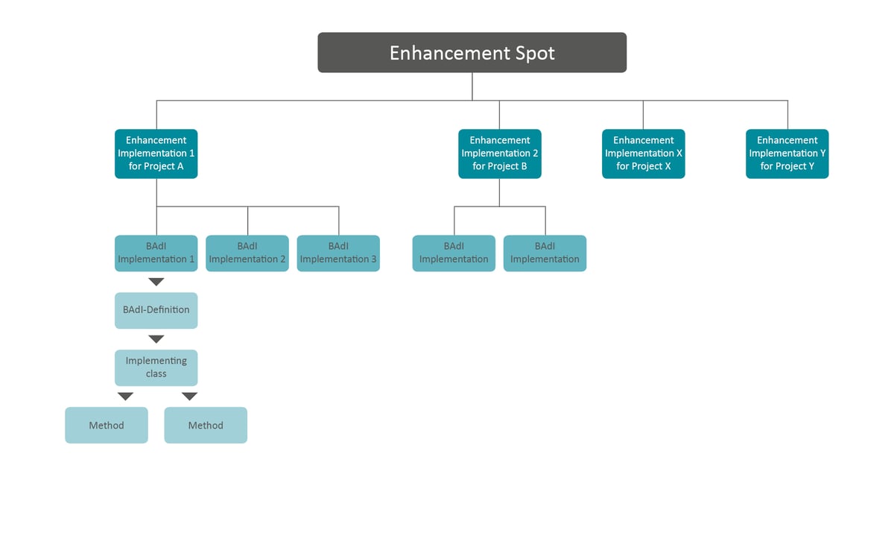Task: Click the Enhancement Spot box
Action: click(472, 52)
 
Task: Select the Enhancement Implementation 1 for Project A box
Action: click(156, 154)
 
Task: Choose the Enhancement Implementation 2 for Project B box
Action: click(500, 154)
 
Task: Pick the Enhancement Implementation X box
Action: click(644, 154)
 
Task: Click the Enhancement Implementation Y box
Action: click(787, 154)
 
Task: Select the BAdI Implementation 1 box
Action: click(156, 253)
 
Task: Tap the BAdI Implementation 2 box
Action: click(247, 253)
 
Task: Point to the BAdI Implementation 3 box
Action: click(338, 253)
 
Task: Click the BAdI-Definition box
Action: click(156, 310)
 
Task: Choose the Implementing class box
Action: click(156, 368)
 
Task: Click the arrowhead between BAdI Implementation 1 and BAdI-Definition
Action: click(156, 282)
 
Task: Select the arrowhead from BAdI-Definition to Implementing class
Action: click(156, 339)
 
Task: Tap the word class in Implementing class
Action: click(156, 374)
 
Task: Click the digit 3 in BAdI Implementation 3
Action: click(373, 259)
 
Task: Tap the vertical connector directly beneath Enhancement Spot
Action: click(472, 86)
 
